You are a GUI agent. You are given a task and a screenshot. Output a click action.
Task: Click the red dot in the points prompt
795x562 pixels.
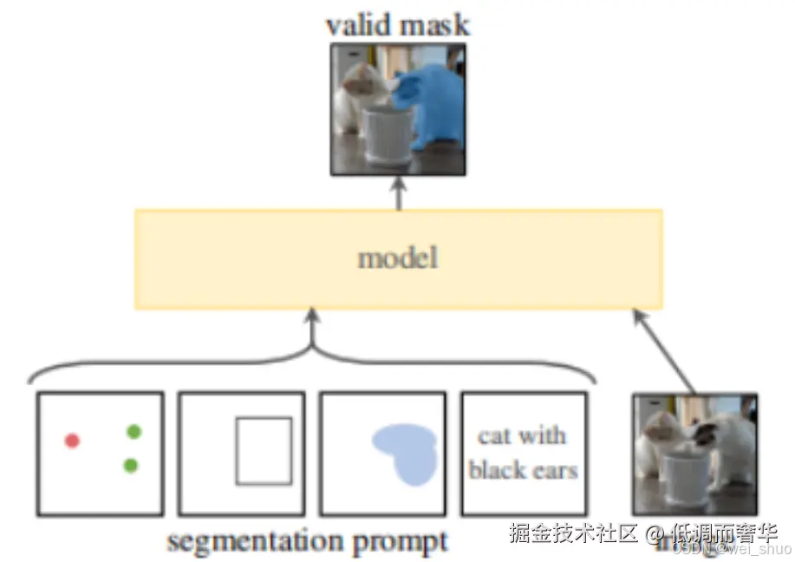tap(72, 441)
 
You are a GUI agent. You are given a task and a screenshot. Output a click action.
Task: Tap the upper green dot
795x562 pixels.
tap(133, 431)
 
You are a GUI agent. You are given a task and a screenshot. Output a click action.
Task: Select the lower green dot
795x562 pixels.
tap(130, 466)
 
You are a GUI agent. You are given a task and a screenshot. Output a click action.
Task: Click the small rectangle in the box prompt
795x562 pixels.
tap(264, 450)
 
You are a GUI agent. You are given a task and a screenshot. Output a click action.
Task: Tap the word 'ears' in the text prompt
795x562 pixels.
tap(554, 470)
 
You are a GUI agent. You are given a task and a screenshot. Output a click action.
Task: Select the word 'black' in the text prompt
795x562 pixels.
tap(499, 470)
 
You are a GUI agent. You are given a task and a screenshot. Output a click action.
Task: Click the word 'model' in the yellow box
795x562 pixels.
tap(398, 258)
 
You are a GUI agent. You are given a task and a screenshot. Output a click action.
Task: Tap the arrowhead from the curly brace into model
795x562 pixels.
tap(312, 318)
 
